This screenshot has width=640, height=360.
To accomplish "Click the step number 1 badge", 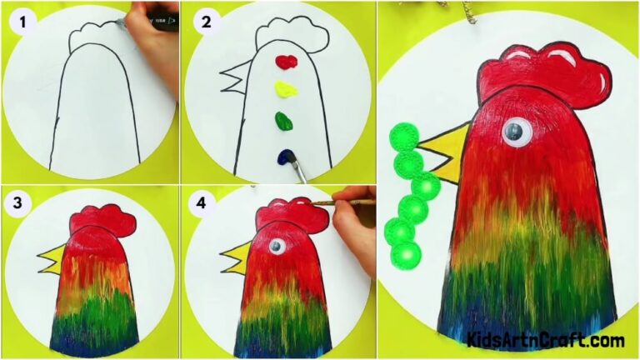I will click(22, 22).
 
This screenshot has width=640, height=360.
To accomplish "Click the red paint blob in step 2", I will click(286, 62).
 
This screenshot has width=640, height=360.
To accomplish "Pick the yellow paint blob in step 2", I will click(286, 88).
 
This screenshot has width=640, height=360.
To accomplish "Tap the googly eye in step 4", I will click(276, 247).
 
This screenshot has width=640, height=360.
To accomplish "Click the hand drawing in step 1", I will click(154, 42).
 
